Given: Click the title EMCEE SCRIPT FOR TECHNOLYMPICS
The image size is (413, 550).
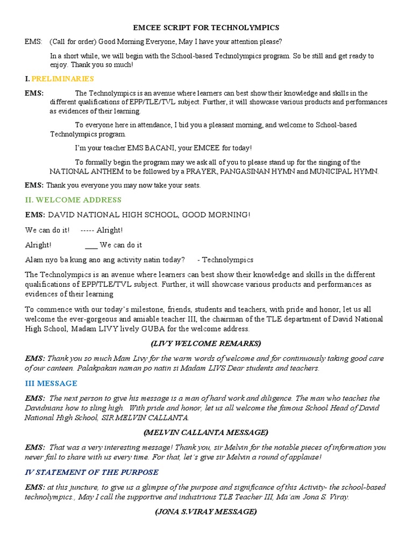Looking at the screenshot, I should (x=206, y=27).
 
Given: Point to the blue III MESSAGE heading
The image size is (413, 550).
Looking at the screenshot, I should (x=51, y=383).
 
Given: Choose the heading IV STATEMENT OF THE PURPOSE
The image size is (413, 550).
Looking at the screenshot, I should (x=91, y=472).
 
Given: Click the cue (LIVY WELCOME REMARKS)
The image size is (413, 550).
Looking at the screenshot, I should (x=206, y=343).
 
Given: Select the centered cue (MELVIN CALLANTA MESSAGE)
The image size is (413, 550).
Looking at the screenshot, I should (x=206, y=432).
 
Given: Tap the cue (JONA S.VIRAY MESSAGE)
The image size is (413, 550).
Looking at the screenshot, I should (x=206, y=512).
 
